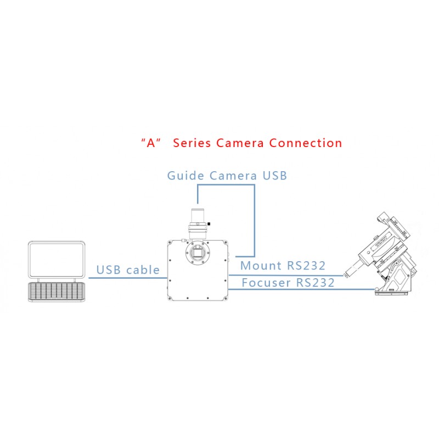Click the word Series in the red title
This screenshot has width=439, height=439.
click(192, 143)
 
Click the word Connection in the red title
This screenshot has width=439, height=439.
click(306, 143)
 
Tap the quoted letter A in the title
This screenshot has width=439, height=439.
click(151, 143)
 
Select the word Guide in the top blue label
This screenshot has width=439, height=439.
click(185, 176)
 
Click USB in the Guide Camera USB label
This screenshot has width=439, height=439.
click(275, 176)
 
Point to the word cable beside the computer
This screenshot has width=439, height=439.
click(143, 270)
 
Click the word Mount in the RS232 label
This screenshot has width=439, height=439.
click(261, 266)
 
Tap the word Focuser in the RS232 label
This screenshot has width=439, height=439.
click(266, 283)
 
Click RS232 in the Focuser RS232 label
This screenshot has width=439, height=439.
click(315, 283)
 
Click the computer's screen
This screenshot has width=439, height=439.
click(57, 260)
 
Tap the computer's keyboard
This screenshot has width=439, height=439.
click(57, 292)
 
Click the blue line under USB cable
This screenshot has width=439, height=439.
click(128, 278)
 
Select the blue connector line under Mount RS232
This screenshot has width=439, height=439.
click(286, 275)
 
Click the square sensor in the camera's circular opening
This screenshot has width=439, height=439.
click(197, 253)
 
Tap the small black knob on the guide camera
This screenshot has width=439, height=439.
click(209, 224)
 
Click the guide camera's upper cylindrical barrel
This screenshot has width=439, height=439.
click(198, 215)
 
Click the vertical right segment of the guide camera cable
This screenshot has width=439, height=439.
click(255, 221)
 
